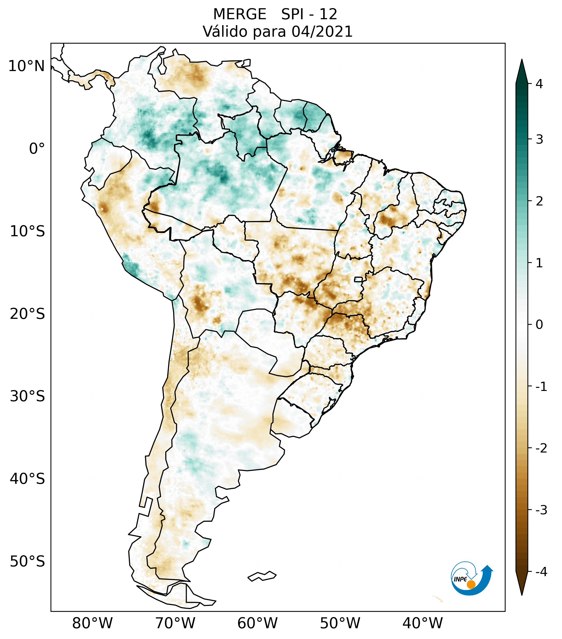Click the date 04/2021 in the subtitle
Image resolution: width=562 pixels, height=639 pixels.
point(322,32)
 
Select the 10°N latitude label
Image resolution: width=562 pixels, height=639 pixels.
point(27,66)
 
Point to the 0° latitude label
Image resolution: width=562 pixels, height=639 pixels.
point(37,149)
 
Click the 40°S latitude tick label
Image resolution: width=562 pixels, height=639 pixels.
point(27,479)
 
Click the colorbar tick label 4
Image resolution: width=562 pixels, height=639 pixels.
point(539,84)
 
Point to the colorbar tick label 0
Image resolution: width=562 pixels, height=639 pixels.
point(539,325)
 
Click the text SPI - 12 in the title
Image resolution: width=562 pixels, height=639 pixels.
point(309,14)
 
